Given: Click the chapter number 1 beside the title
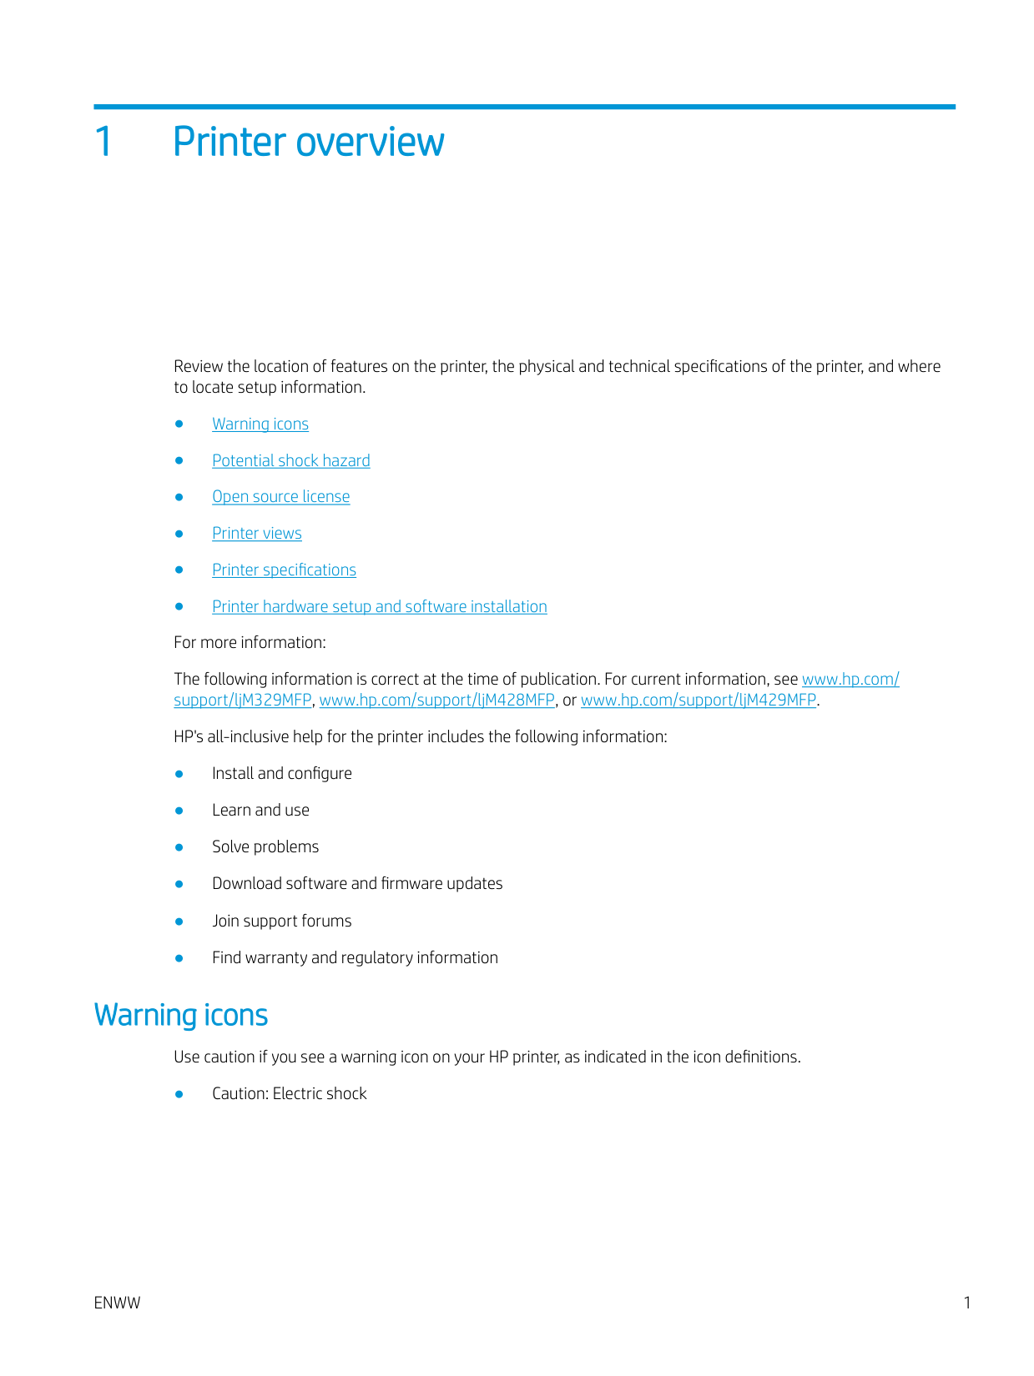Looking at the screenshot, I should pyautogui.click(x=103, y=142).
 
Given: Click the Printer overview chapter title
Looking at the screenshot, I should pyautogui.click(x=308, y=142).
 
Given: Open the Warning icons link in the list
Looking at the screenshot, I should pyautogui.click(x=260, y=424).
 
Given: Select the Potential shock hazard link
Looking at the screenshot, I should pyautogui.click(x=291, y=461).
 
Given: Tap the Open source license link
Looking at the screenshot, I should pyautogui.click(x=281, y=497).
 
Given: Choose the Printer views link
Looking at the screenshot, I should pyautogui.click(x=257, y=534).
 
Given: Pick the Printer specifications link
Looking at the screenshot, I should pyautogui.click(x=284, y=570).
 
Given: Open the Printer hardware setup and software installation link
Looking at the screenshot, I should pyautogui.click(x=380, y=607).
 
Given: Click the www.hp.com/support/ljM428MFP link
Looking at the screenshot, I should pyautogui.click(x=436, y=701).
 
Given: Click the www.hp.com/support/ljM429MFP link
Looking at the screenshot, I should pyautogui.click(x=699, y=701).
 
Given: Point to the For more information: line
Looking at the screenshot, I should pyautogui.click(x=250, y=643).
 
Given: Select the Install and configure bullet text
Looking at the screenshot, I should pyautogui.click(x=282, y=774).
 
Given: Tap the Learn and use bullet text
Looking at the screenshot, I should pyautogui.click(x=260, y=811).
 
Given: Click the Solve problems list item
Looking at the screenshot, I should pyautogui.click(x=265, y=847).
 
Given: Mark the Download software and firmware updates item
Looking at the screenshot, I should pyautogui.click(x=357, y=884).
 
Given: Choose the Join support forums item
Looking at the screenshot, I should pyautogui.click(x=282, y=922).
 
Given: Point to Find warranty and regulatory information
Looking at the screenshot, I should pyautogui.click(x=355, y=958).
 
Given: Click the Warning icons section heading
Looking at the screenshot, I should pyautogui.click(x=181, y=1015).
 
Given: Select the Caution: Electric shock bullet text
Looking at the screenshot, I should pyautogui.click(x=290, y=1094).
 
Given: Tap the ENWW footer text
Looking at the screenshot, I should pyautogui.click(x=118, y=1303).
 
